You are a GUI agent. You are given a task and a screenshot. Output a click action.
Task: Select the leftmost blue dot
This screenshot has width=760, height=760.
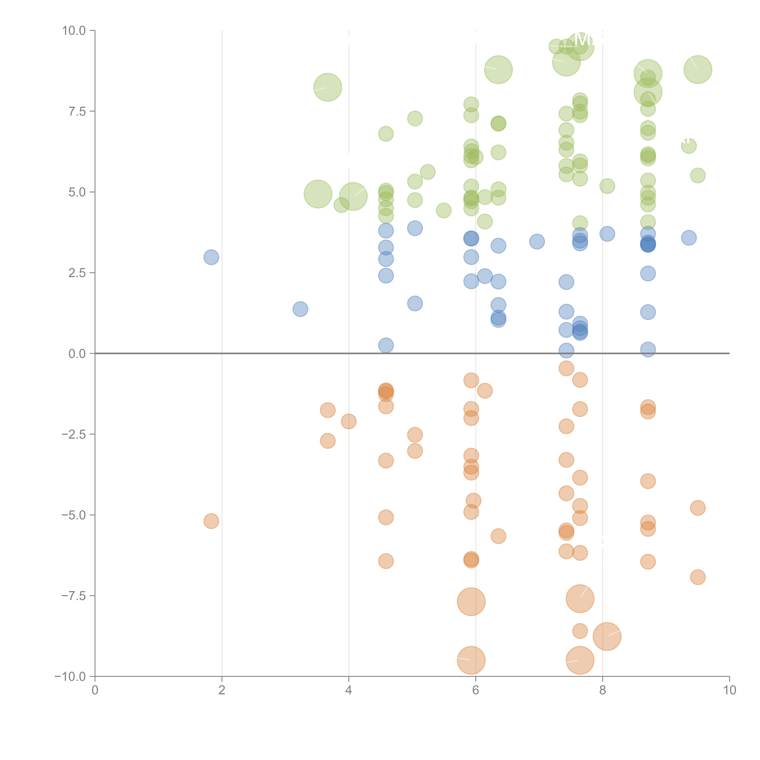pos(211,257)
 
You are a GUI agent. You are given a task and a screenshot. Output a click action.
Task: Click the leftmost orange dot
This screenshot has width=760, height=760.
pos(211,521)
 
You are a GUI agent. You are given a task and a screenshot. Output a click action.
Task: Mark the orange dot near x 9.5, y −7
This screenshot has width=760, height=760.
pos(698,577)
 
